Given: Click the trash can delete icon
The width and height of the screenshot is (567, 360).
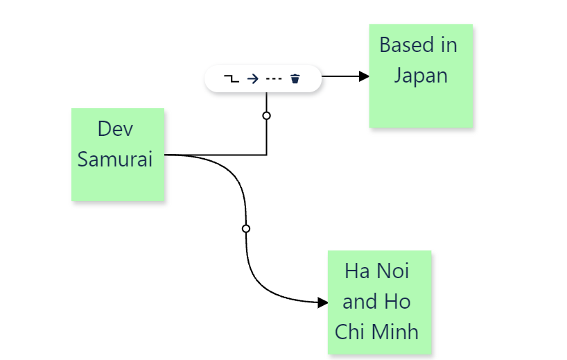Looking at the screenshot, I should tap(295, 78).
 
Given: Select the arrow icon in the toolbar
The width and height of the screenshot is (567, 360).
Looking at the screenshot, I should tap(253, 78).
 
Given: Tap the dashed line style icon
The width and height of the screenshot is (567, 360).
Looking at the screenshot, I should tap(274, 78).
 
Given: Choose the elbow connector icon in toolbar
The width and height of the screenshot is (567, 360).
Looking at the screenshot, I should tap(232, 78).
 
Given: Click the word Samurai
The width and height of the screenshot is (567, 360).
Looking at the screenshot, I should tap(115, 159).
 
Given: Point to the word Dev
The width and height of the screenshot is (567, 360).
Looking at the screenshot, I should tap(115, 128).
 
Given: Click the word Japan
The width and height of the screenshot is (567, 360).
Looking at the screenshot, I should tap(421, 75).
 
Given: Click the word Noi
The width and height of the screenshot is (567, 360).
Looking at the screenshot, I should tap(393, 271).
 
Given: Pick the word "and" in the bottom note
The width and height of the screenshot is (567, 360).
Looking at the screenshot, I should tap(360, 301).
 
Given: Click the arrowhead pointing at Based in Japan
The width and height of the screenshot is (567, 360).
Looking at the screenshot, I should tap(364, 76).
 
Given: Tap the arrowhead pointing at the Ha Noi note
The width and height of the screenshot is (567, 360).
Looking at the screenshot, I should tap(322, 302).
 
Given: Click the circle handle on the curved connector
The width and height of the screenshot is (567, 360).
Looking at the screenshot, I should tap(245, 228).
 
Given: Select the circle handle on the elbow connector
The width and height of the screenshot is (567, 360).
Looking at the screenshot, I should tap(266, 116).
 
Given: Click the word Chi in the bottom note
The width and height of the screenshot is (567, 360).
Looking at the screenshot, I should tap(351, 332).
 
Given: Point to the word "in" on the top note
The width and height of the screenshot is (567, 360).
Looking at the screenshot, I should tap(448, 45).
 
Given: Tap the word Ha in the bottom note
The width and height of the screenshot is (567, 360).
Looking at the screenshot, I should tap(356, 271).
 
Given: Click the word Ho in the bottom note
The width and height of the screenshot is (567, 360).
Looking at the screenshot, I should tap(399, 301).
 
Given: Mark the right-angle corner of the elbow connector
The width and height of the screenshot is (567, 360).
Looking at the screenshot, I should tap(266, 155).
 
